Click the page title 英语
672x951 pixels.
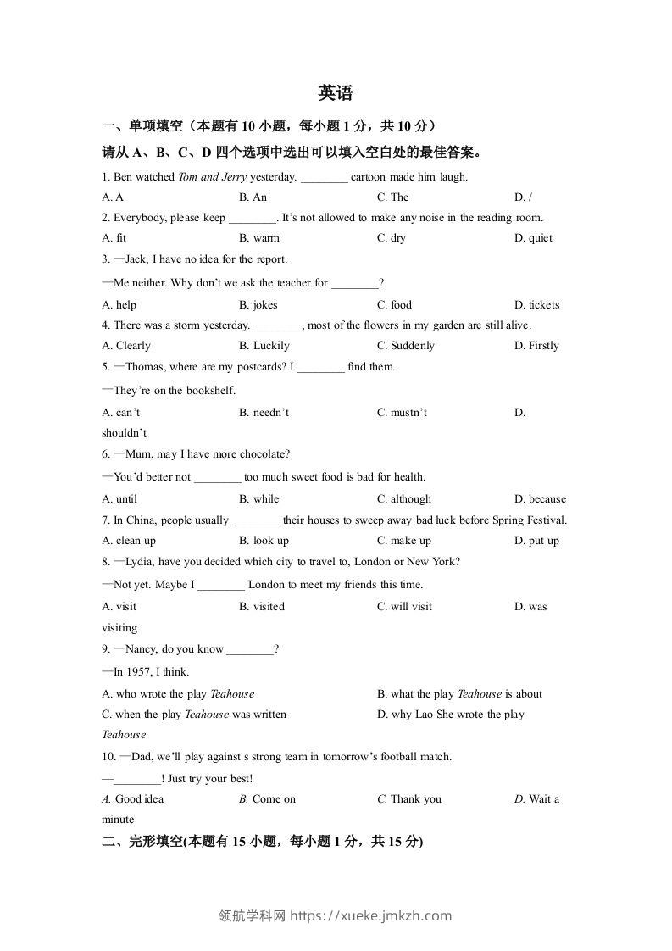click(x=336, y=93)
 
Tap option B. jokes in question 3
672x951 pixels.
click(x=258, y=305)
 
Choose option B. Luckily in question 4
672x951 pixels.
click(x=264, y=346)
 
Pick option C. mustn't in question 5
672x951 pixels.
click(x=402, y=413)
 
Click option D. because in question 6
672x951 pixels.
click(x=540, y=499)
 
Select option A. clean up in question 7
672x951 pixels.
click(x=129, y=541)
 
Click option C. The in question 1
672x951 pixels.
click(x=392, y=197)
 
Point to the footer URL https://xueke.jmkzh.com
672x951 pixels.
click(x=371, y=915)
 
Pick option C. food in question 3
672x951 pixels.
click(x=394, y=305)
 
